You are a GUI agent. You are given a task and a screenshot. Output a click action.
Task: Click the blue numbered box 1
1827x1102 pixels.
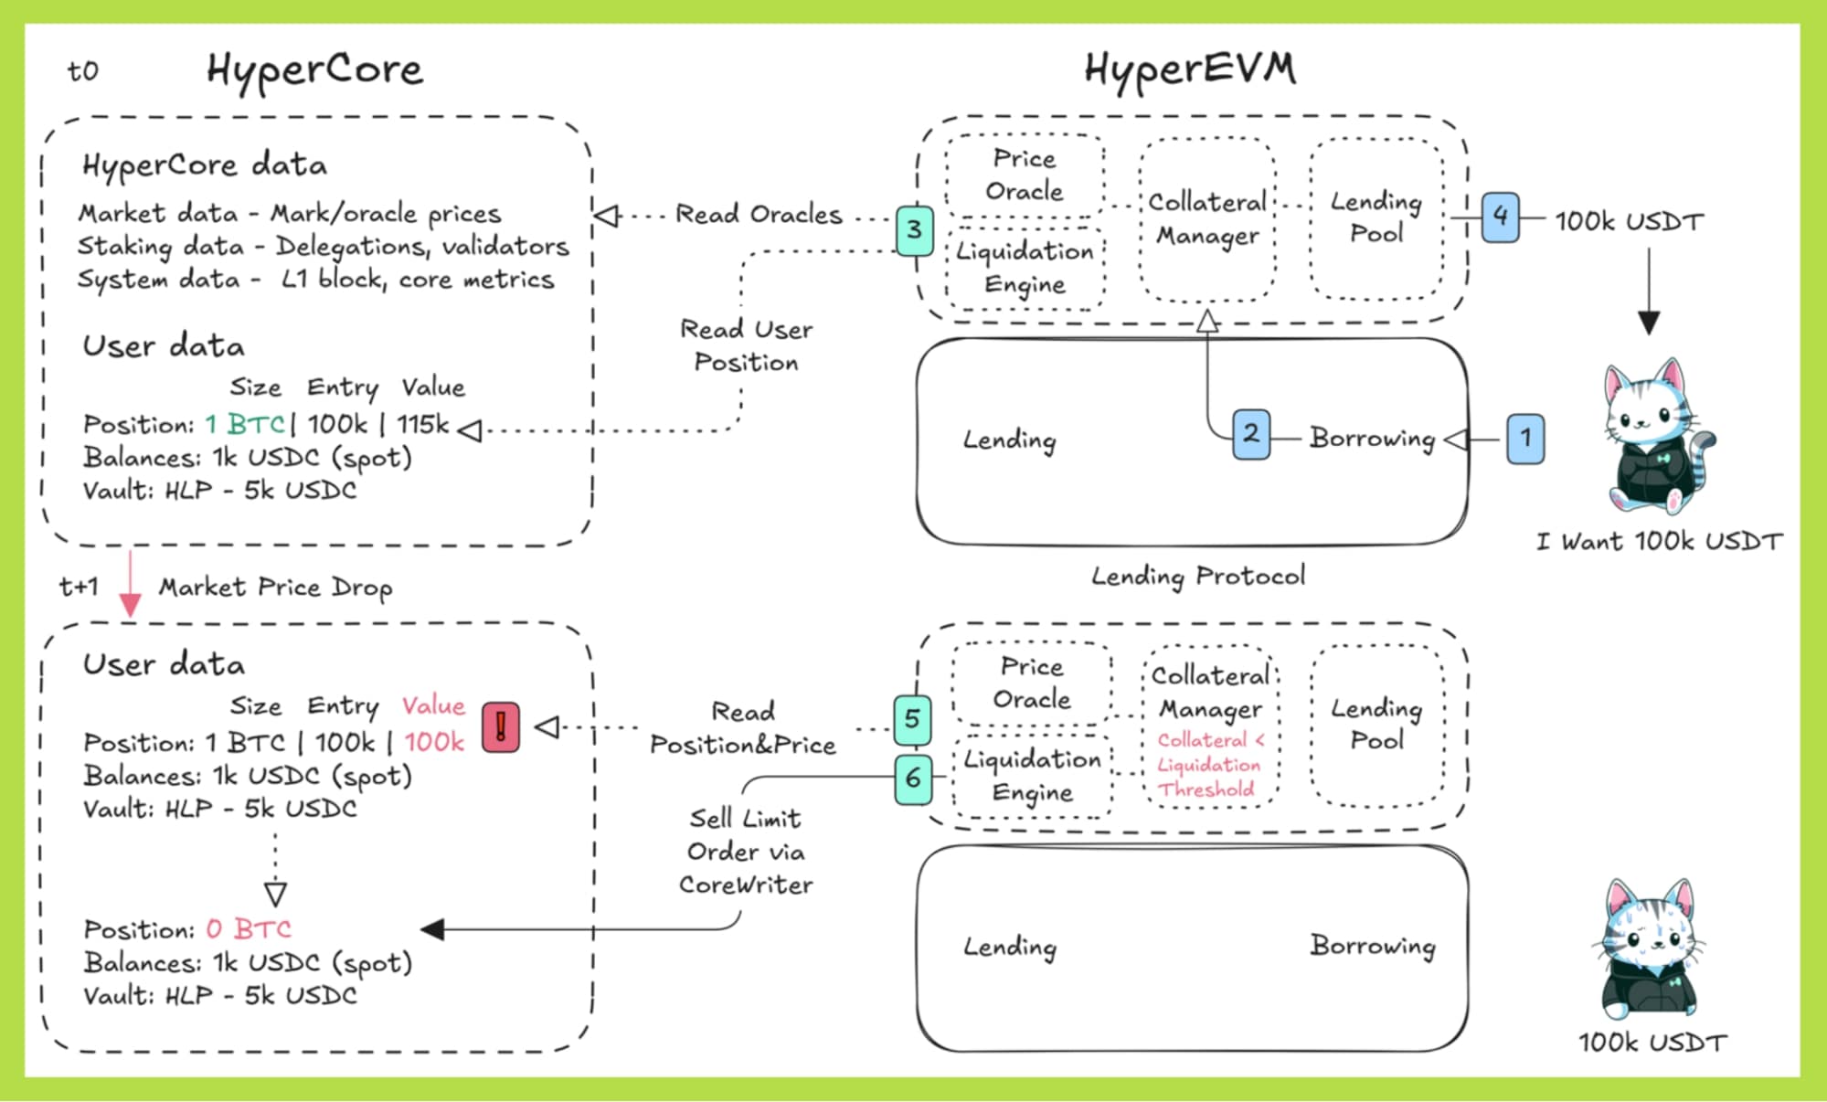[x=1524, y=439]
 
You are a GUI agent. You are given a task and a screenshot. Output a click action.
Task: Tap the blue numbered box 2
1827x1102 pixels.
[x=1250, y=434]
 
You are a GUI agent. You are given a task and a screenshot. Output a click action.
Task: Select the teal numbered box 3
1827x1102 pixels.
[x=914, y=230]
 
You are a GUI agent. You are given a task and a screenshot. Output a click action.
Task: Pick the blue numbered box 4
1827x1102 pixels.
[x=1500, y=217]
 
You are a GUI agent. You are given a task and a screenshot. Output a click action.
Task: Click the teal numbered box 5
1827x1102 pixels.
[x=912, y=719]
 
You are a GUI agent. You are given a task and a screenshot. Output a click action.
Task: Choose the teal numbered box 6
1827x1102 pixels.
[x=912, y=779]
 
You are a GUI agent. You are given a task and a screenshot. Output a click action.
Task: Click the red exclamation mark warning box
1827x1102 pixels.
[x=500, y=727]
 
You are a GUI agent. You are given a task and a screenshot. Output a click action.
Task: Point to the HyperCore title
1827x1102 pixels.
[x=314, y=69]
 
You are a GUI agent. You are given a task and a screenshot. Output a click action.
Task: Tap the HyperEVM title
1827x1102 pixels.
[x=1189, y=69]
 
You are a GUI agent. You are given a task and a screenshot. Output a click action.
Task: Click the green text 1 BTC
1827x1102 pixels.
[x=245, y=425]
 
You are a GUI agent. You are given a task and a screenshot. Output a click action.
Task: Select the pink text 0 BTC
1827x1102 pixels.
[x=248, y=929]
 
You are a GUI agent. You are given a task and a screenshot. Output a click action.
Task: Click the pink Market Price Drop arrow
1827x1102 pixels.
[x=130, y=585]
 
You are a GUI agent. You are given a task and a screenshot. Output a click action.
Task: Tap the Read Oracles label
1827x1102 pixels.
[x=758, y=215]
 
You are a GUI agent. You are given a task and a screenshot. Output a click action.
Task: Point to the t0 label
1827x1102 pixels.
[x=82, y=71]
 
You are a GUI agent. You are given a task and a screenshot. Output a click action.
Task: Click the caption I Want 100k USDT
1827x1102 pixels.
[x=1658, y=542]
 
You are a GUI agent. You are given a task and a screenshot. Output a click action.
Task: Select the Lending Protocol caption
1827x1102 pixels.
[x=1197, y=577]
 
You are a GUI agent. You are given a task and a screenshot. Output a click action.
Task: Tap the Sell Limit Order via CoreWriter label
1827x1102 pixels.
[x=745, y=852]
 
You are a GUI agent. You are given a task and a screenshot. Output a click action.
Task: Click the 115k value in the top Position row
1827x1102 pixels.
[x=422, y=425]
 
